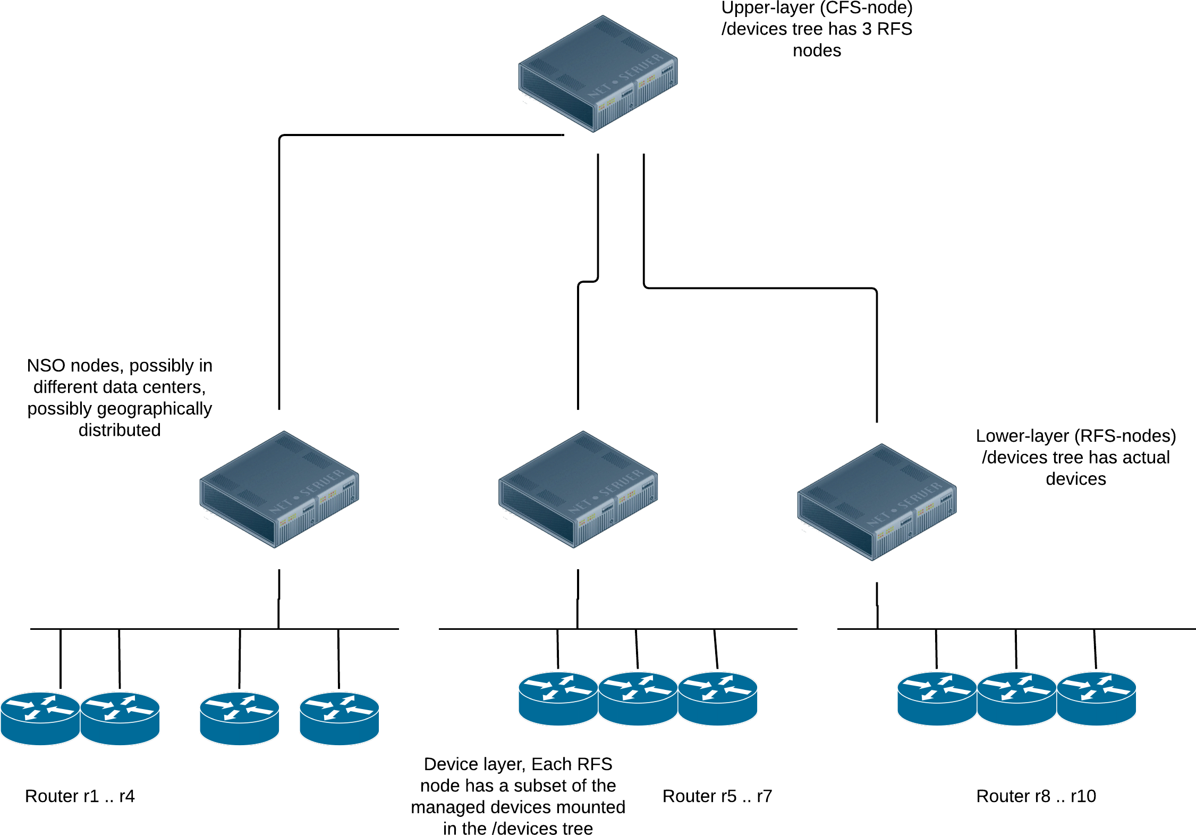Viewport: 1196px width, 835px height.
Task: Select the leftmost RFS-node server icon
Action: pos(279,489)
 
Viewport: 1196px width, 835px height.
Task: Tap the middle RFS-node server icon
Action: pos(578,489)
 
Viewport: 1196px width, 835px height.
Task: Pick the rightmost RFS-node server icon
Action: pos(877,502)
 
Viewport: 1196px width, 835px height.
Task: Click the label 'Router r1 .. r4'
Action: pos(80,796)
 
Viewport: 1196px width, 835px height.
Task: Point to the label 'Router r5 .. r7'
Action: pos(717,796)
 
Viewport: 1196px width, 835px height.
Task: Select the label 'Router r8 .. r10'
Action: pos(1036,796)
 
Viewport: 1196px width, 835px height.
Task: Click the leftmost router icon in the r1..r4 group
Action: pos(40,718)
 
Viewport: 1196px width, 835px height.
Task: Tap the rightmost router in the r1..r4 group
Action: pos(339,718)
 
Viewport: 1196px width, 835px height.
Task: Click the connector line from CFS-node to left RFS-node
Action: pos(279,266)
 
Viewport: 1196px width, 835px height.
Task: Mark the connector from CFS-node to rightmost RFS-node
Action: pos(760,288)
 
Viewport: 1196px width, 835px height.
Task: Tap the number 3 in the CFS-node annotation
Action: pos(867,29)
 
